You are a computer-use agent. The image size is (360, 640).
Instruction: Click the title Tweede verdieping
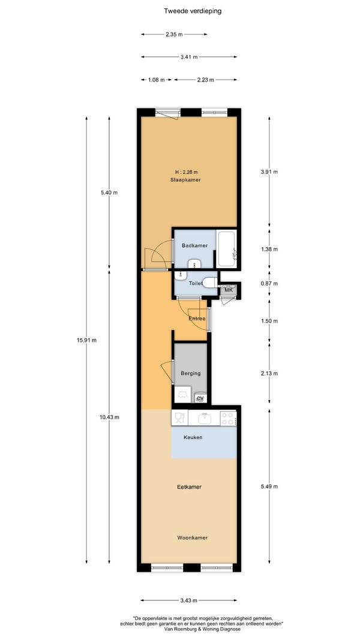pos(193,11)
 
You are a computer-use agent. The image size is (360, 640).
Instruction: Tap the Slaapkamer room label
pos(186,179)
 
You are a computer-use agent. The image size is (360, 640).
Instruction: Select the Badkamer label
pos(194,246)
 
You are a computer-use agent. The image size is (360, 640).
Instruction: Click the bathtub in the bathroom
pos(226,249)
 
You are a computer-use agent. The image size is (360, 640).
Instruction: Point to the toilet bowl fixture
pos(209,283)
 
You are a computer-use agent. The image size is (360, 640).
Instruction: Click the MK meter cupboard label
pos(229,290)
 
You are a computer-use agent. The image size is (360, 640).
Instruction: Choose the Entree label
pos(197,319)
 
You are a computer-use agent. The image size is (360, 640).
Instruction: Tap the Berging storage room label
pos(191,373)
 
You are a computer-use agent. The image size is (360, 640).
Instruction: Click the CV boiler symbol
pos(200,398)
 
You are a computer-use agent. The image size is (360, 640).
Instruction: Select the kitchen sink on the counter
pos(204,418)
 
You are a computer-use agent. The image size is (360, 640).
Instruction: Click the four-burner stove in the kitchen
pos(228,418)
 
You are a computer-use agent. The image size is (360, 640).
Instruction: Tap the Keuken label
pos(193,437)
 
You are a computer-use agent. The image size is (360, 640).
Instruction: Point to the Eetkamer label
pos(190,487)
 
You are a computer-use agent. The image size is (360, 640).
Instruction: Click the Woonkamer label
pos(192,537)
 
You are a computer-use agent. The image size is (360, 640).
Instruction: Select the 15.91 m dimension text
pos(86,341)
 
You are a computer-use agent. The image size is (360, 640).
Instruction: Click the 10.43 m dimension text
pos(109,417)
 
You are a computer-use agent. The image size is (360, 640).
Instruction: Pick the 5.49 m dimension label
pos(269,486)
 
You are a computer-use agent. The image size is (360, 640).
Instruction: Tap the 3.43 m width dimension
pos(189,600)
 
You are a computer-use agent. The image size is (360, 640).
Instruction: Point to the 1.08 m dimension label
pos(156,80)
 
